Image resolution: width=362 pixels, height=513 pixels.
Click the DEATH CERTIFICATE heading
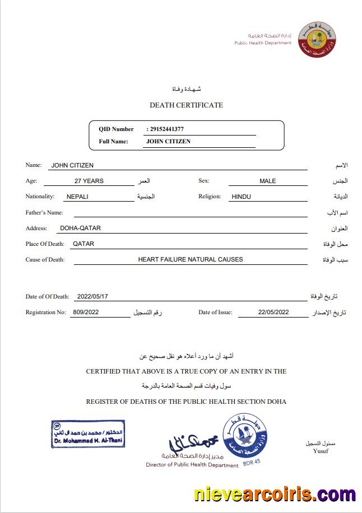[x=186, y=105]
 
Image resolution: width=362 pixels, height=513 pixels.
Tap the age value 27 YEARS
[x=89, y=181]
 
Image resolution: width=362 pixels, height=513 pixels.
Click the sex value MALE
[x=267, y=181]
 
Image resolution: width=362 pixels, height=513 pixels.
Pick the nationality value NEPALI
[x=77, y=197]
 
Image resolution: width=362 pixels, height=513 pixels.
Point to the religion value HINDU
[x=241, y=197]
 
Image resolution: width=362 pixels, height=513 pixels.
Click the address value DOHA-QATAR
[x=80, y=228]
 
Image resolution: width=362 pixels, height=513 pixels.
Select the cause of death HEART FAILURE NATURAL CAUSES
[x=191, y=259]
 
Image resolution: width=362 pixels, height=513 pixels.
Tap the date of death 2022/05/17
[x=92, y=296]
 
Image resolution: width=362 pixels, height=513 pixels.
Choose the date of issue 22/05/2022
[x=273, y=312]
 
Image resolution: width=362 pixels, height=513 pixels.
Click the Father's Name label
[x=44, y=213]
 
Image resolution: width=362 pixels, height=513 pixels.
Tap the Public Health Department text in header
[x=263, y=43]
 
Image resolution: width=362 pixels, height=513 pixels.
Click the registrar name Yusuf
[x=321, y=451]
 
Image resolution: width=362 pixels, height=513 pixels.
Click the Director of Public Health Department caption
[x=192, y=465]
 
